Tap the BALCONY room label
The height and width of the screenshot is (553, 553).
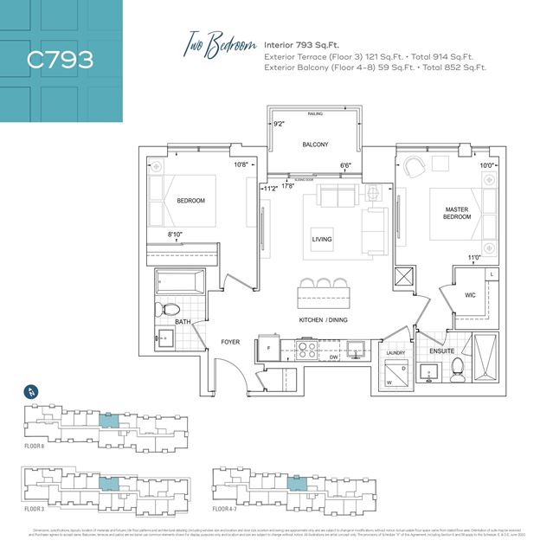click(x=314, y=145)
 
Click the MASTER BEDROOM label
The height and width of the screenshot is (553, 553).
click(x=456, y=212)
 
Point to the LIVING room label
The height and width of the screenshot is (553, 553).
click(x=322, y=240)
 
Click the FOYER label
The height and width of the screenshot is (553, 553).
click(x=229, y=342)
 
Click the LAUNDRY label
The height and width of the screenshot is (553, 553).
click(x=395, y=353)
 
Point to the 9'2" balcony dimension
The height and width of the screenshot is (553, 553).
click(x=279, y=125)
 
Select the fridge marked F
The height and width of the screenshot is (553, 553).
click(x=269, y=349)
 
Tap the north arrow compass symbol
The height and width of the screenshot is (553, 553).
click(x=30, y=390)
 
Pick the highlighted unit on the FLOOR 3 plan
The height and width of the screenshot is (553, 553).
click(x=107, y=483)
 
